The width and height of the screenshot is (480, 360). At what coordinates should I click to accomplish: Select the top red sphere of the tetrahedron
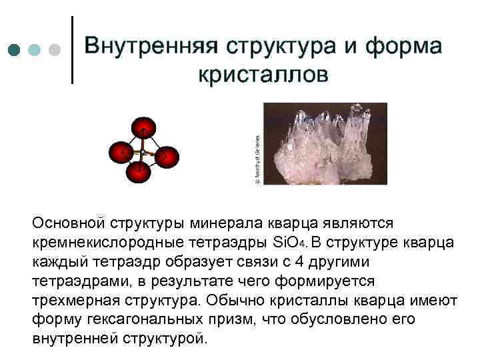tap(143, 128)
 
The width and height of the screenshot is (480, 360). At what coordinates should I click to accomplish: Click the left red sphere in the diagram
tap(121, 153)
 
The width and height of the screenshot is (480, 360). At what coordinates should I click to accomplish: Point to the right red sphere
tap(167, 157)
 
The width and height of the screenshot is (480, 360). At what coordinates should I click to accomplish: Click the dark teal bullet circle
tap(15, 51)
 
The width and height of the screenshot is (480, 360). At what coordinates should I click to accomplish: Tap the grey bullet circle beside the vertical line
tap(55, 51)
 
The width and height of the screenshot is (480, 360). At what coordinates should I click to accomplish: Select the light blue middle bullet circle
tap(35, 51)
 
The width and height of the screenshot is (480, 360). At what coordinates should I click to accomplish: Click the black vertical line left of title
tap(71, 49)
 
